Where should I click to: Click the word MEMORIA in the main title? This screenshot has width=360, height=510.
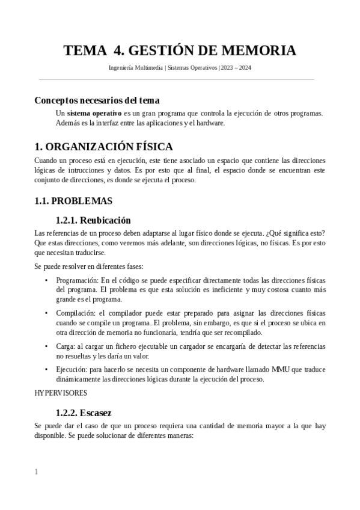[257, 51]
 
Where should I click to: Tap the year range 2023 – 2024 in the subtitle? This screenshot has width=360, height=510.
[237, 68]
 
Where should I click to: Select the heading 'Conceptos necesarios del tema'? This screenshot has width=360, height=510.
[97, 100]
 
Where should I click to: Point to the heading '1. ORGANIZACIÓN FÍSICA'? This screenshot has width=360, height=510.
[104, 147]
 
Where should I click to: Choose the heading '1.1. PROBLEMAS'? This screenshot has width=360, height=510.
[73, 200]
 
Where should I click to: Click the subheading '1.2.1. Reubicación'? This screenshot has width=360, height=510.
[93, 220]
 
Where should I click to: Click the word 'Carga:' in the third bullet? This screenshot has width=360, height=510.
[66, 346]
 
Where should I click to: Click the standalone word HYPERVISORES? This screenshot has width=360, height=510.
[61, 393]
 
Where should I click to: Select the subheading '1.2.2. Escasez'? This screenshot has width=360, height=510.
[84, 413]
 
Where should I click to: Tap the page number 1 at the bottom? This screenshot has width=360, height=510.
[36, 472]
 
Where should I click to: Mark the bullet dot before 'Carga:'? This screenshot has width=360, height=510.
[47, 346]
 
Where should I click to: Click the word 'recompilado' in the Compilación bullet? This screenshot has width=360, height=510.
[243, 332]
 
